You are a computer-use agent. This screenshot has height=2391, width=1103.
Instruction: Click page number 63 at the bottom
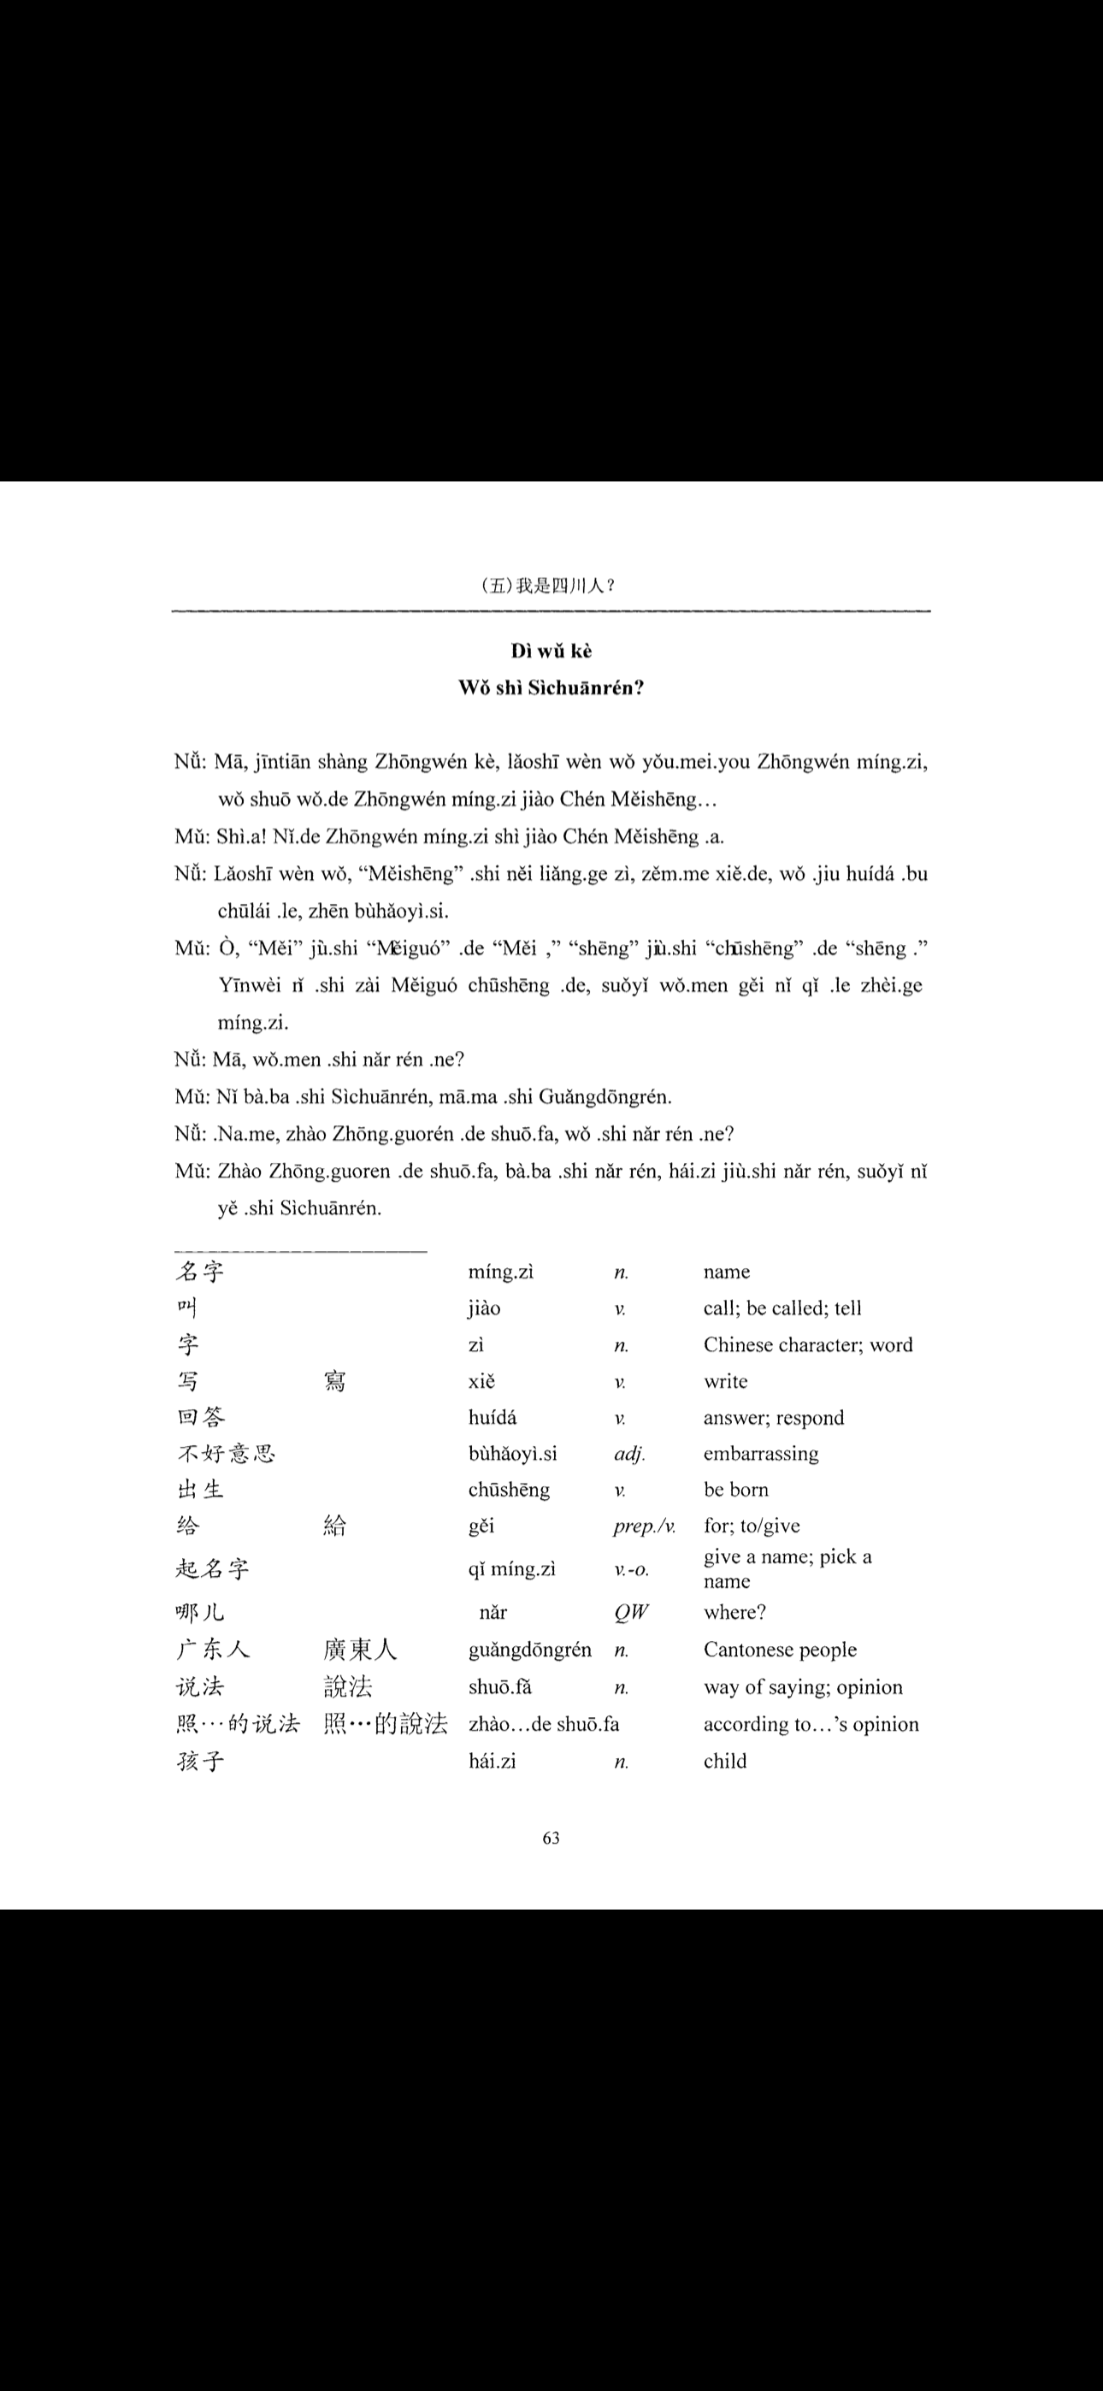[551, 1838]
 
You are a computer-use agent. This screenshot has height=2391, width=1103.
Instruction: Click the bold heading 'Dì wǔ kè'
[551, 651]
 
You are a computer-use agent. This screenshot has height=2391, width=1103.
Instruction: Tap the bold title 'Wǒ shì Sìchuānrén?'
[551, 688]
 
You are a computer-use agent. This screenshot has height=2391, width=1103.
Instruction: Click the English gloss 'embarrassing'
[760, 1454]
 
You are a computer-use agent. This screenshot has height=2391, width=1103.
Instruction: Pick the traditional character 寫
[334, 1381]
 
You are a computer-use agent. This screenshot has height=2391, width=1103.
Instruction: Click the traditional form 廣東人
[360, 1650]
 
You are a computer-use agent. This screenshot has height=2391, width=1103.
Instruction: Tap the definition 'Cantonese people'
[780, 1650]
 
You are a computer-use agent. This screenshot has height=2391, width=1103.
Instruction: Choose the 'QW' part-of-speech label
[631, 1612]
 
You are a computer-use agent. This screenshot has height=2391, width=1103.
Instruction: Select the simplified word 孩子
[201, 1761]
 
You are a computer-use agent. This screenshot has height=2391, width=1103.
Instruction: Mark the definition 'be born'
[735, 1490]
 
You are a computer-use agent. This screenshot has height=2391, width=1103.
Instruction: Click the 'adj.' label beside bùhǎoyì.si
[629, 1454]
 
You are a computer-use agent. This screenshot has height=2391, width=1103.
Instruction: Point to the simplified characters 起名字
[213, 1568]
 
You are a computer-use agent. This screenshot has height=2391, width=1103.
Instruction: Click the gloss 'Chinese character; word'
[808, 1345]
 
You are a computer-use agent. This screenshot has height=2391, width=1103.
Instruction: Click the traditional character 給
[334, 1526]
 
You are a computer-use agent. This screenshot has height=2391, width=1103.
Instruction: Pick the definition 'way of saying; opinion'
[802, 1686]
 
